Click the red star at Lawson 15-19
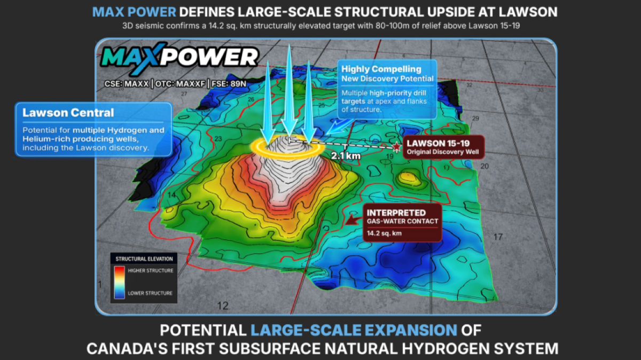pos(396,147)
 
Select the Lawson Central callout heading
pos(68,113)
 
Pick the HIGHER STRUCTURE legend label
pos(150,271)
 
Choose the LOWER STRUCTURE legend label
pos(150,293)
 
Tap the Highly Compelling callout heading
pos(381,69)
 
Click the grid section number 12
pos(223,306)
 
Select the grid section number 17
pos(498,237)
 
